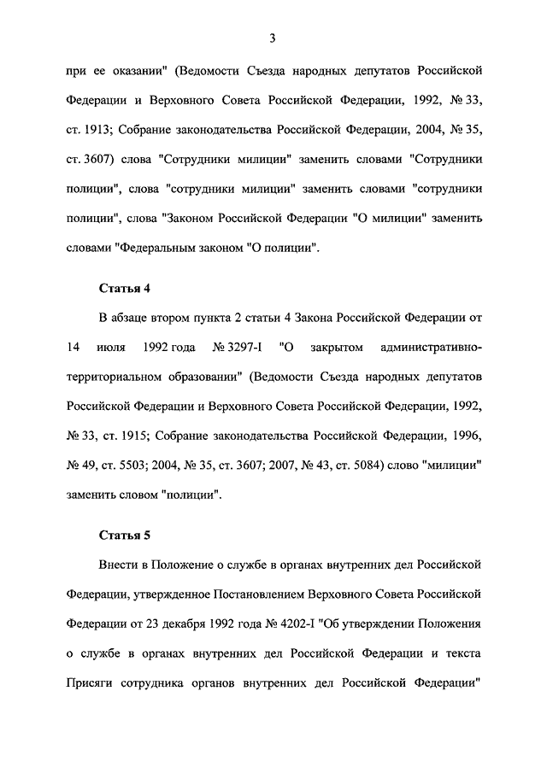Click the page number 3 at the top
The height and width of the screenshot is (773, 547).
tap(271, 38)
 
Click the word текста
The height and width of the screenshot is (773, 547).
tap(460, 653)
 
